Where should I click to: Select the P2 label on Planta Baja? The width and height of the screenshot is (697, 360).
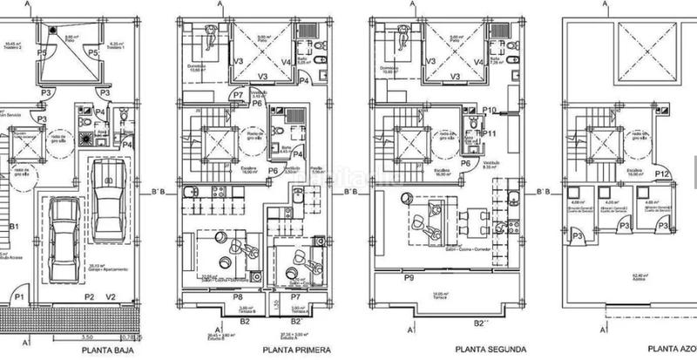tap(88, 296)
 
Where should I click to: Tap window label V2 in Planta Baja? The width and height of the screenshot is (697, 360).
tap(111, 296)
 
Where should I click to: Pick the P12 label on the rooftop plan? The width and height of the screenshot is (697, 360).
tap(661, 173)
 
